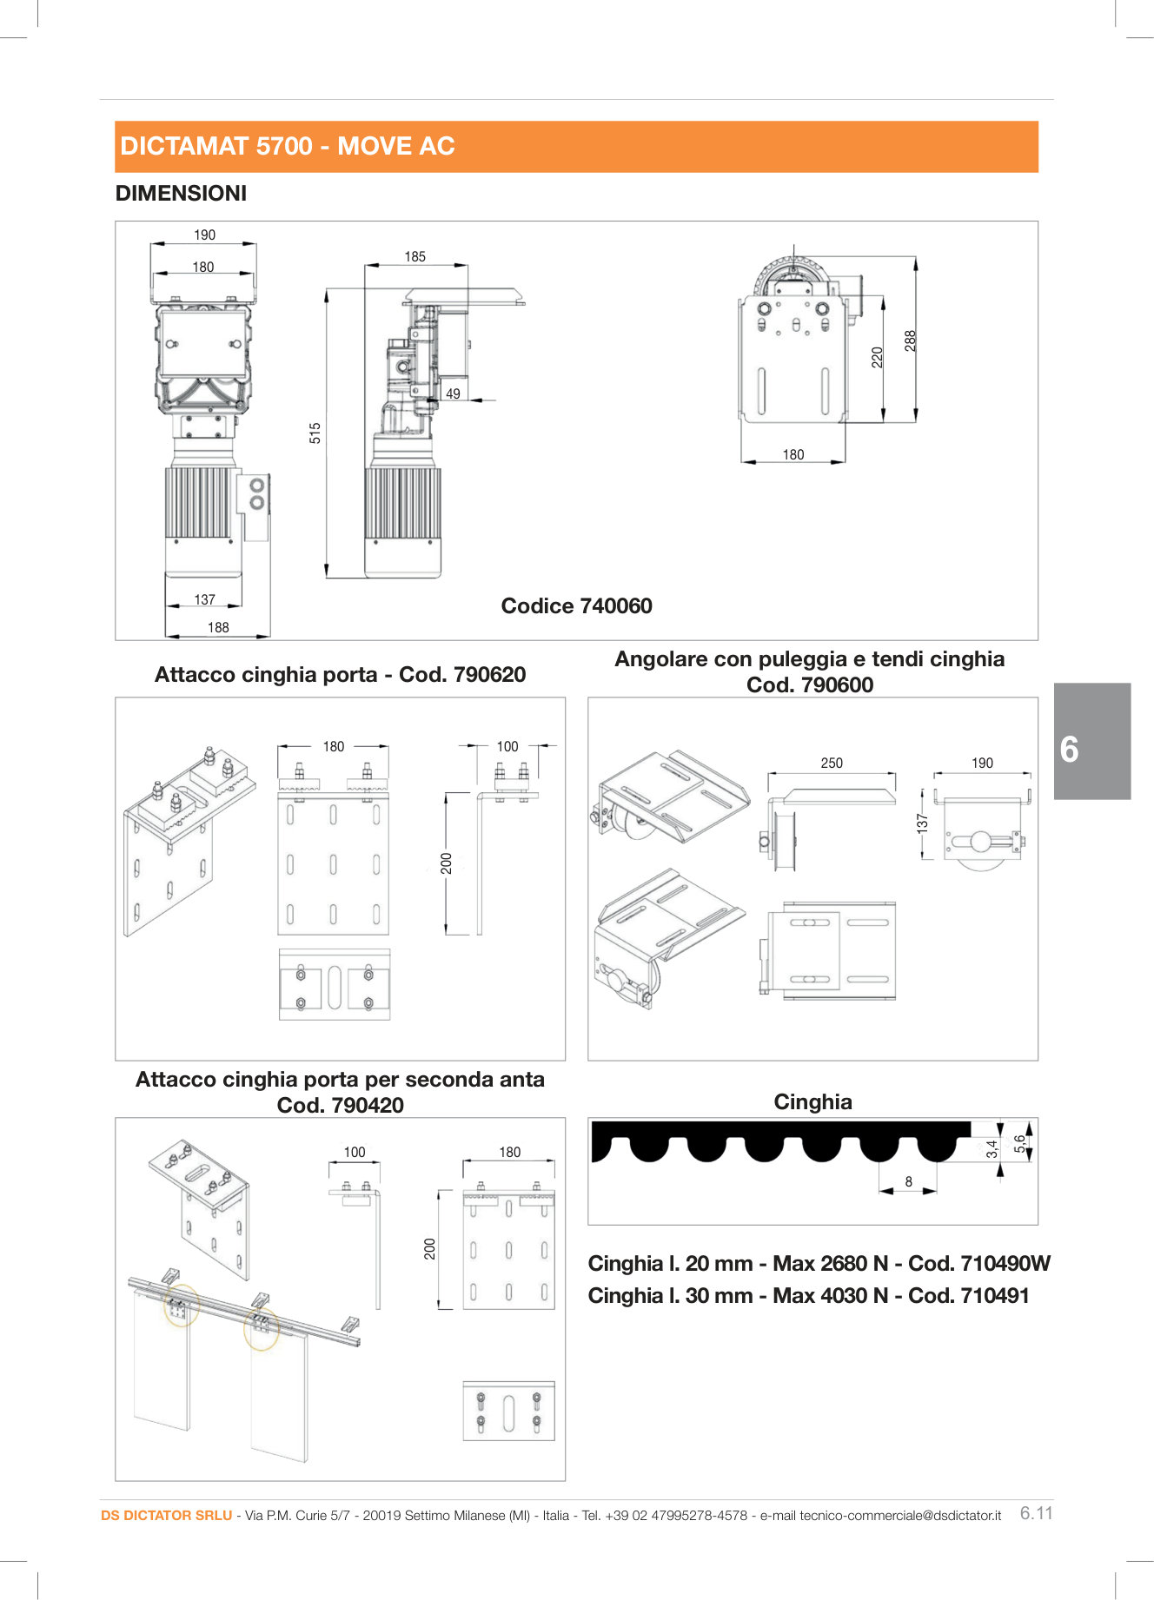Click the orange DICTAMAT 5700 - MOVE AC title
288,146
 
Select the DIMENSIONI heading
181,194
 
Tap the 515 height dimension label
315,433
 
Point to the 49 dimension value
453,394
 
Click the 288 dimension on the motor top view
910,340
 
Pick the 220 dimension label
878,357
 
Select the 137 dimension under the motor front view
204,600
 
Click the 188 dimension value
218,628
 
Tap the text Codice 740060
576,606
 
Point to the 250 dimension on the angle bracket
832,764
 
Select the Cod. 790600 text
810,685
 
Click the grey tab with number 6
1091,741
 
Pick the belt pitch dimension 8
909,1182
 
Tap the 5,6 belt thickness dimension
1019,1145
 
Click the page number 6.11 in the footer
1036,1513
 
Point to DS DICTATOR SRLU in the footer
166,1516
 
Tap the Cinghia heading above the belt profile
812,1102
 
